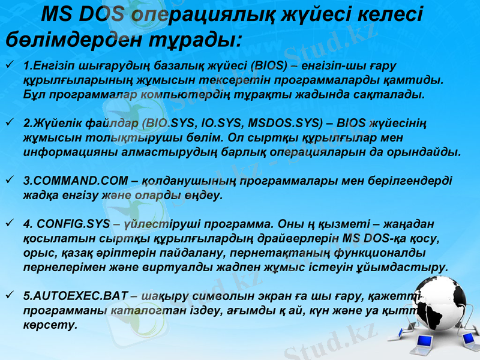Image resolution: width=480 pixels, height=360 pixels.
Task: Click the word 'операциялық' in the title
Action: click(193, 13)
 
